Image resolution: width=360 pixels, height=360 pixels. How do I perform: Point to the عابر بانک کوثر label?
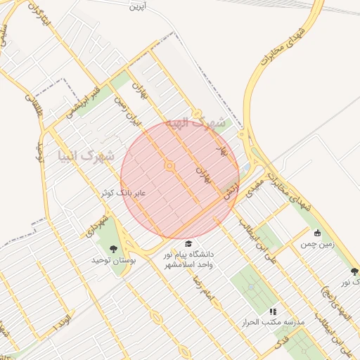[x=123, y=192]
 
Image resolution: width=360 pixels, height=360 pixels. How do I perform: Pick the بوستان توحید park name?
[x=112, y=260]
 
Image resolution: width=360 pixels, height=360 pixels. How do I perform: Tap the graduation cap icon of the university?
[x=187, y=243]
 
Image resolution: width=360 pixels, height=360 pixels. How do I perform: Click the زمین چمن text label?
[x=317, y=245]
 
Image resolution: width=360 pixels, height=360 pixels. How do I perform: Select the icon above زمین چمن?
[x=317, y=233]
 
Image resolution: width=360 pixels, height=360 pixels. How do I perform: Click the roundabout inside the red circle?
[x=169, y=166]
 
